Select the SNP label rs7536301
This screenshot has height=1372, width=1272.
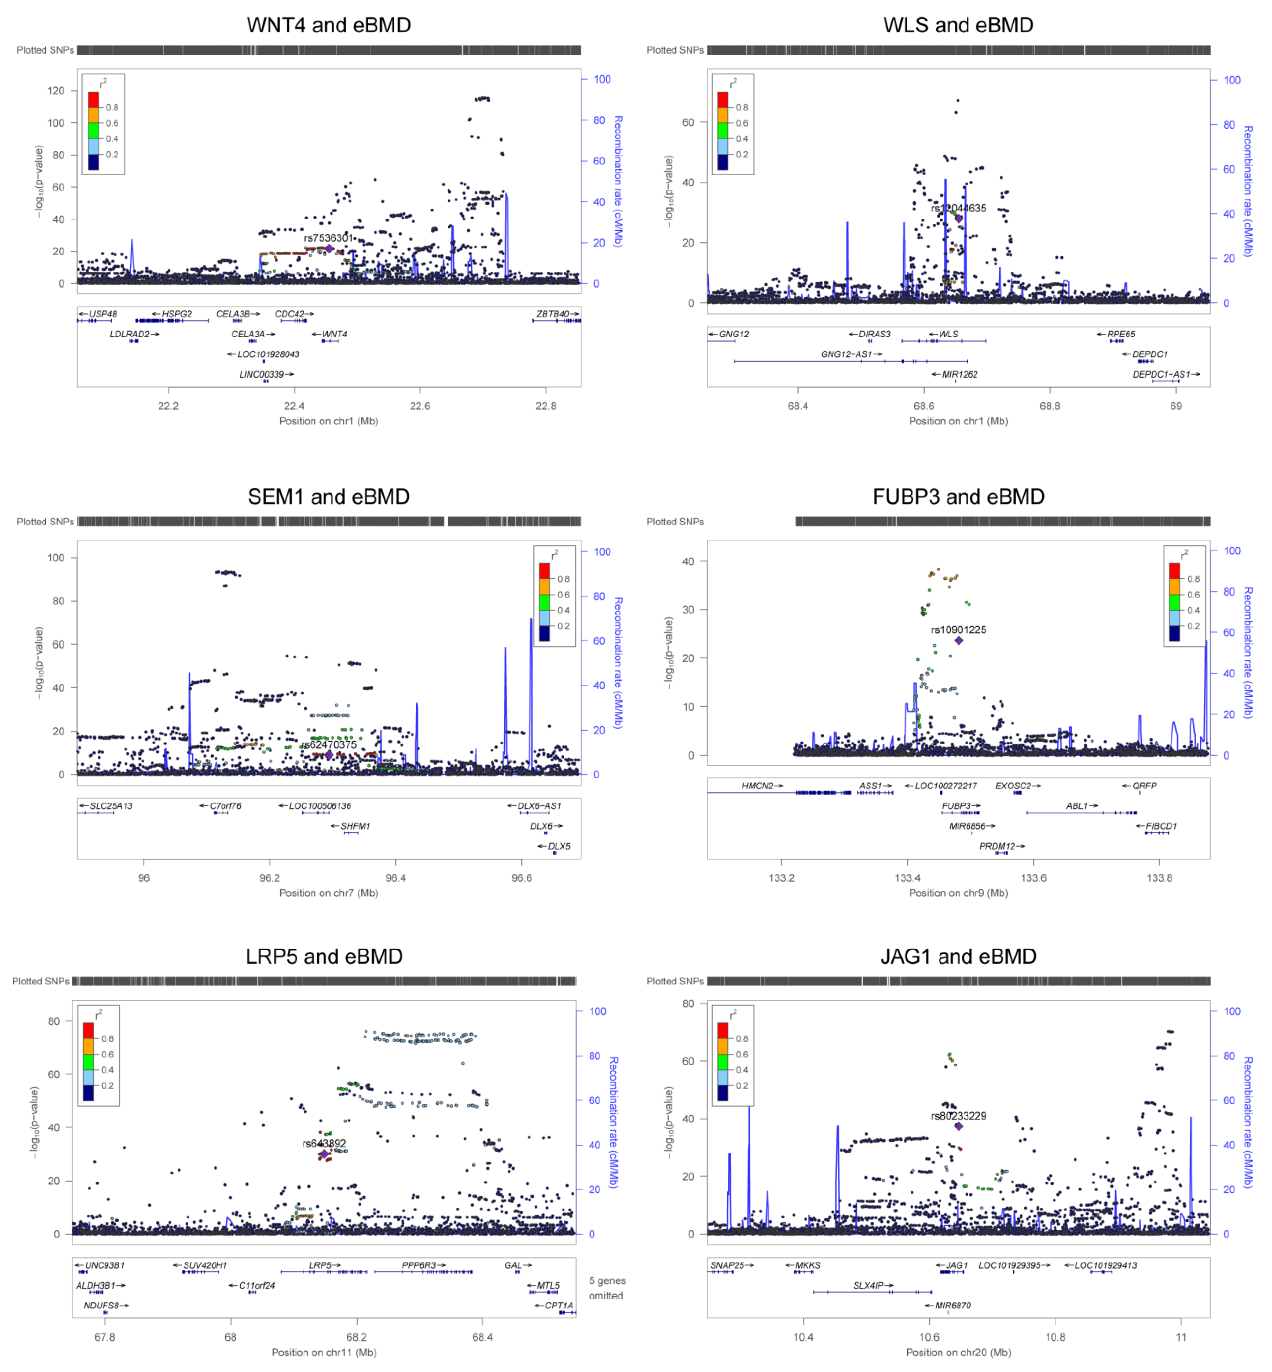[x=328, y=238]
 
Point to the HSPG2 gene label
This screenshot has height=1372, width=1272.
[x=176, y=314]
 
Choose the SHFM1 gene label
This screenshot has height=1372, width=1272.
[x=355, y=826]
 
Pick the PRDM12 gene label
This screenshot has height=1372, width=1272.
[x=997, y=846]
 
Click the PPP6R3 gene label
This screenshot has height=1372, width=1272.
[x=419, y=1265]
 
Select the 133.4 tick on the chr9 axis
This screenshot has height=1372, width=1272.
[x=907, y=878]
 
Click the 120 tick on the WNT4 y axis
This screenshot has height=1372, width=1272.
[x=56, y=91]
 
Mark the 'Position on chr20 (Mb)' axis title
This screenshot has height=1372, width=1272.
[x=958, y=1352]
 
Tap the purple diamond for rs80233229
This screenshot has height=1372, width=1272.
[x=958, y=1126]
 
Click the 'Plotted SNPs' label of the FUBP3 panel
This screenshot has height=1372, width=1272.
[x=675, y=522]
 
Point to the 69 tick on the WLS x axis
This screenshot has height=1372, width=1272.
[x=1176, y=406]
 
